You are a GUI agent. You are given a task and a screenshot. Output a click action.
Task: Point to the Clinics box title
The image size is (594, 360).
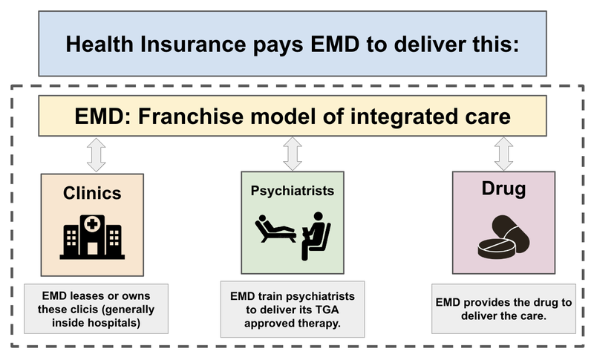(92, 193)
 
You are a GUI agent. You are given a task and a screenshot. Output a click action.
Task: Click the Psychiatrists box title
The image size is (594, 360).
(293, 190)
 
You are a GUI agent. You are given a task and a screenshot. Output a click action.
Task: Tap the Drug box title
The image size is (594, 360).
(503, 189)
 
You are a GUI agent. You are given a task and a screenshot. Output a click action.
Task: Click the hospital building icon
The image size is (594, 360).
(92, 233)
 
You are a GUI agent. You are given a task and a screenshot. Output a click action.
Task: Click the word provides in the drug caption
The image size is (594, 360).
(485, 304)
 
